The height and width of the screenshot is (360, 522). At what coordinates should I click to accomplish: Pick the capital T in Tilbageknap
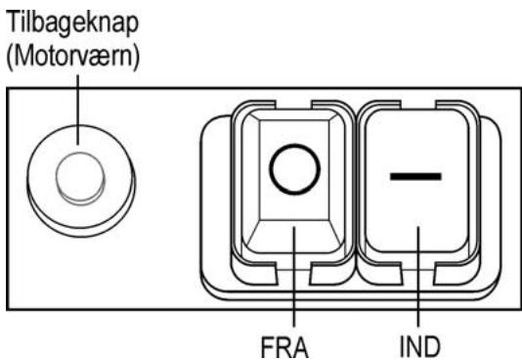(x=14, y=22)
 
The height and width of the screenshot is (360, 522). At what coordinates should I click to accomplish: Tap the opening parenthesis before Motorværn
(x=10, y=59)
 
